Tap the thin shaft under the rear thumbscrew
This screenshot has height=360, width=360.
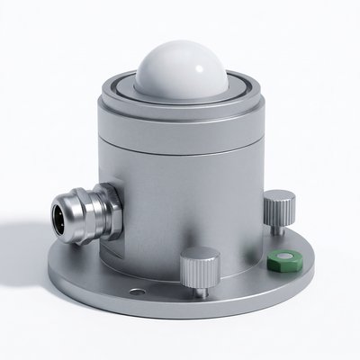point(277,227)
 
